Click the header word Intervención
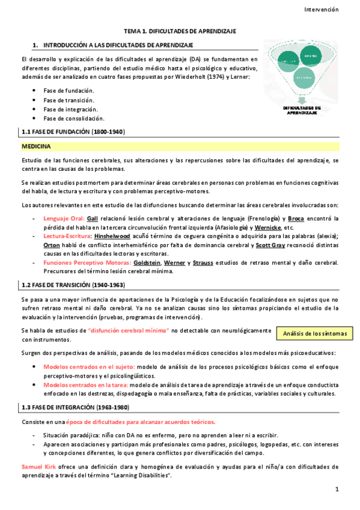coord(322,10)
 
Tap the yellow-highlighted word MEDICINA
coord(36,146)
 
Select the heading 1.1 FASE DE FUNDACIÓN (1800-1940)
coord(73,132)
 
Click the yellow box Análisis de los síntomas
coord(314,333)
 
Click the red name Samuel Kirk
coord(40,467)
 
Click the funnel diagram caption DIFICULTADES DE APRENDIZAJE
coord(302,110)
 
